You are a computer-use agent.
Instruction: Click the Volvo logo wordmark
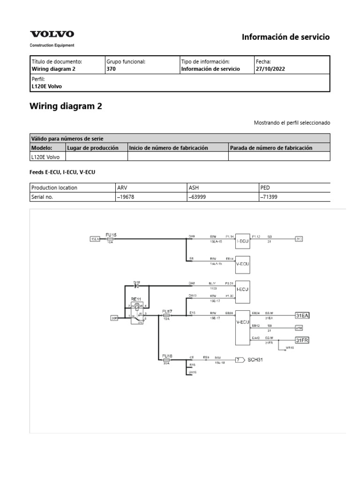coord(52,34)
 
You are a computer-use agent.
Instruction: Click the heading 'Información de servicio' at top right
coord(285,37)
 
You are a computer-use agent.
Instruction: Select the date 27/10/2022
coord(270,69)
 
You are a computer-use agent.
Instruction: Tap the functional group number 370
coord(111,69)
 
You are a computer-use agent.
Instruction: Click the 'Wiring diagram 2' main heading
coord(66,106)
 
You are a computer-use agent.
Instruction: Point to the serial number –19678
coord(125,197)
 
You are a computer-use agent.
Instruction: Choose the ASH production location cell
coord(194,187)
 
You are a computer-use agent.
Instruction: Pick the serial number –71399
coord(269,197)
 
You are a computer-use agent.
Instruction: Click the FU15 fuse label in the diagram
coord(111,234)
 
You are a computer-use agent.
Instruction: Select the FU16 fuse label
coord(167,356)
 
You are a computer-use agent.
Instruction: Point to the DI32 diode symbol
coord(136,286)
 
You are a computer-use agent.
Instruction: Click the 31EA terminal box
coord(302,315)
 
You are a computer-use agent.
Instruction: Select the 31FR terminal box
coord(302,340)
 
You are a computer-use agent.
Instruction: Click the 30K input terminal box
coord(114,318)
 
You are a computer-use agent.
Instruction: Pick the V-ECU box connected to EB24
coord(242,323)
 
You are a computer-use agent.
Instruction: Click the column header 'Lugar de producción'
coord(93,148)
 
